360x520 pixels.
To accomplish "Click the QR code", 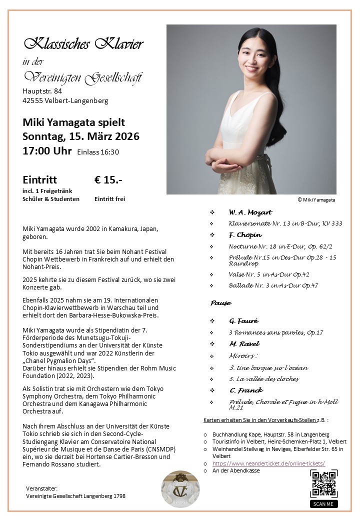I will [x=323, y=483].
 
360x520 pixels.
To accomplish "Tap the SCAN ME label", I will [x=323, y=503].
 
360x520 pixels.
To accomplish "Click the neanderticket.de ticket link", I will [x=268, y=463].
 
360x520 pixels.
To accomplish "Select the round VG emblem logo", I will [x=180, y=488].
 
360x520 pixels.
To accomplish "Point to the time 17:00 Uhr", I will [x=47, y=151].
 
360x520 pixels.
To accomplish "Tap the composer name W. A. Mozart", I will [x=250, y=212].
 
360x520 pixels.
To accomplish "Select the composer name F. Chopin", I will [x=245, y=234].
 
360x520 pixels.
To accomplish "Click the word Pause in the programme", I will [x=220, y=303].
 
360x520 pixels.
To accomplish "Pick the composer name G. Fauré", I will [x=243, y=320].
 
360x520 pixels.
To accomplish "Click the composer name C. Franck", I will [x=246, y=390].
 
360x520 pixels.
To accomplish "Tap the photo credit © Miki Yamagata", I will [x=316, y=199].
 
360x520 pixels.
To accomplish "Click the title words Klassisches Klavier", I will [x=83, y=44].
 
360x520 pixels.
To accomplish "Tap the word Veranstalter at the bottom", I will [x=41, y=488].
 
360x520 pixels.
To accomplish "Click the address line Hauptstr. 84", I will [x=42, y=91].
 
